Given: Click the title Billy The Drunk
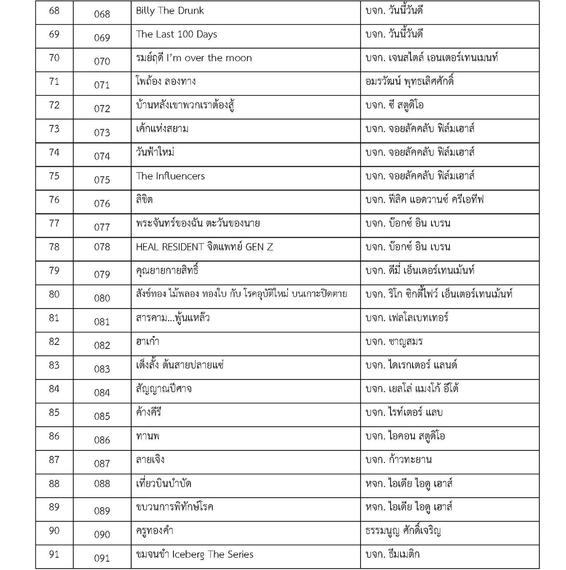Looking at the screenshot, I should (170, 11).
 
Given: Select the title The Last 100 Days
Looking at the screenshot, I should (176, 34).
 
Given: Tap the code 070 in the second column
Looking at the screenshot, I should (102, 61).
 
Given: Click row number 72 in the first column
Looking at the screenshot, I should (54, 105).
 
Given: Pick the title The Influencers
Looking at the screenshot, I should (170, 176).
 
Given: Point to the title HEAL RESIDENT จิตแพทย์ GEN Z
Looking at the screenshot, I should (204, 247).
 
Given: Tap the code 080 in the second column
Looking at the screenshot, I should (102, 298).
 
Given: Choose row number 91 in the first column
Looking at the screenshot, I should (54, 554).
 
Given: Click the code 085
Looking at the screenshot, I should (102, 416).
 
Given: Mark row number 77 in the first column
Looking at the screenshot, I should (54, 224).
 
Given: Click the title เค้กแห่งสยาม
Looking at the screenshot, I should (162, 129).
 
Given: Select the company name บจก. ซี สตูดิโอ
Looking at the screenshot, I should (394, 105).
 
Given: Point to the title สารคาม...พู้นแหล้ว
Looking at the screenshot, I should (172, 318).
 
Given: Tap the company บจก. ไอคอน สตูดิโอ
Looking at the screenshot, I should (405, 436).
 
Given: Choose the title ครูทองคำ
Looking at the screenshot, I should (154, 531).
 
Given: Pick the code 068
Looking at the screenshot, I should (102, 14).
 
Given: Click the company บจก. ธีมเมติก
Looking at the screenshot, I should (393, 554).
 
